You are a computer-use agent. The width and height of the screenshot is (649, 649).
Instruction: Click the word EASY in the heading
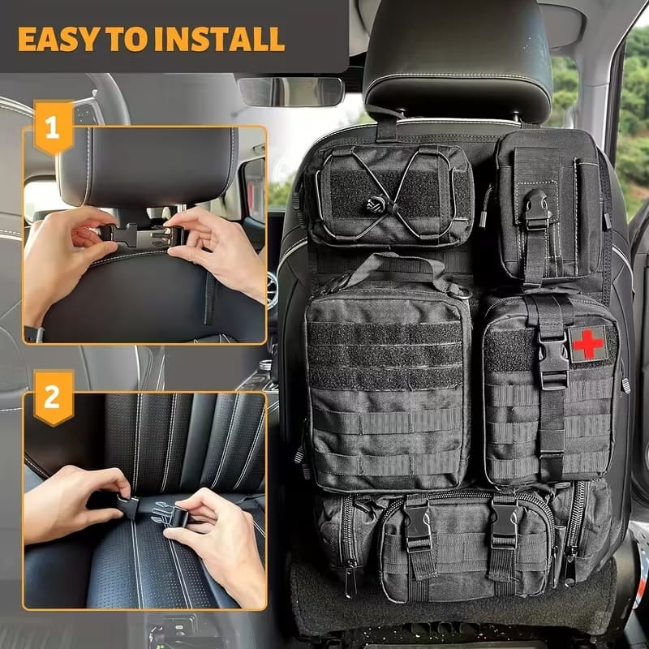(56, 38)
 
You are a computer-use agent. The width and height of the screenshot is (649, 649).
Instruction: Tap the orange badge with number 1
(53, 127)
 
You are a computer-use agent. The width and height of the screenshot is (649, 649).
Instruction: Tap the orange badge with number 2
(53, 397)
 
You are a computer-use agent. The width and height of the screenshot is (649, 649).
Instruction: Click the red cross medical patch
(587, 343)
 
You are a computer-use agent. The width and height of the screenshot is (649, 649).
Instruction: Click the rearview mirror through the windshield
(291, 92)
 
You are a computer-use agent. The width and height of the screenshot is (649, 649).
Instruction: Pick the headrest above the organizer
(458, 57)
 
